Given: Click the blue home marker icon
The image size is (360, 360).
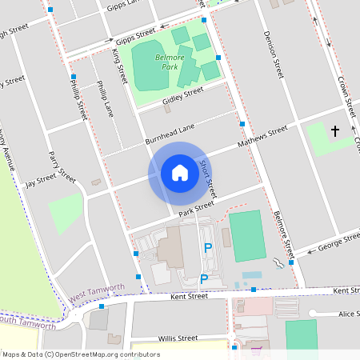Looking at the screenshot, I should tap(179, 173).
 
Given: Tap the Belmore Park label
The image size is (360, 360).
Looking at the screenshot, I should tap(158, 62).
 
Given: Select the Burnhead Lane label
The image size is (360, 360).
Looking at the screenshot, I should tap(170, 134).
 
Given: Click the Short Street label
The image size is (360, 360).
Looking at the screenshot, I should tap(207, 178).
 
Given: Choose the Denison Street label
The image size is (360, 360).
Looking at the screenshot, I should tap(274, 54).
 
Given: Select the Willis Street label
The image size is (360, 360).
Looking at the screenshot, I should tap(178, 338).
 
